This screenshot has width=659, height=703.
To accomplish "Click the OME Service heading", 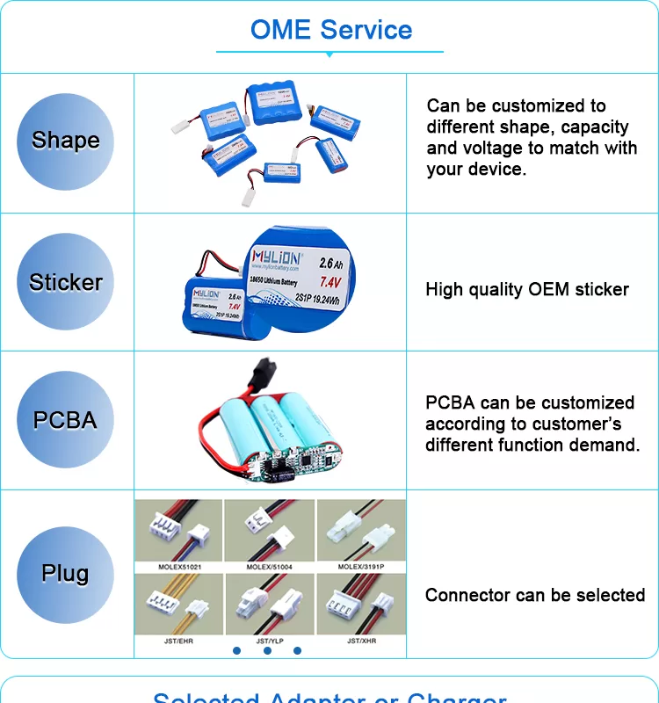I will (x=330, y=30).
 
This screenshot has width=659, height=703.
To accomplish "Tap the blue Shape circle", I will (x=66, y=141).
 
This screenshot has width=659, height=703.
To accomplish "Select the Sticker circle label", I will (x=66, y=282).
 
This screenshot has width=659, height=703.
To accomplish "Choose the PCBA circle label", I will (x=66, y=420).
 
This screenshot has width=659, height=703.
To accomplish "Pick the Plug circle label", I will (x=66, y=574).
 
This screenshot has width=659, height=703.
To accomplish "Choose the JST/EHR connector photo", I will (x=179, y=605).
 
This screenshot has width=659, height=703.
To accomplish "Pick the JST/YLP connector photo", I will (x=270, y=605).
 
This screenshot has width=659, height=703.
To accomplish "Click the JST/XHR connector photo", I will (x=361, y=605).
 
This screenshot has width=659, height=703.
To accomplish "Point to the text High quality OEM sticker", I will (x=527, y=289).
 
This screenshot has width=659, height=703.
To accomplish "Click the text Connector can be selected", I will (x=535, y=595).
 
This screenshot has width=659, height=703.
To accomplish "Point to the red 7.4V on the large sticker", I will (x=329, y=282).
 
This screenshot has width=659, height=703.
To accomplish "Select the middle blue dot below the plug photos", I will (x=267, y=650).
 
